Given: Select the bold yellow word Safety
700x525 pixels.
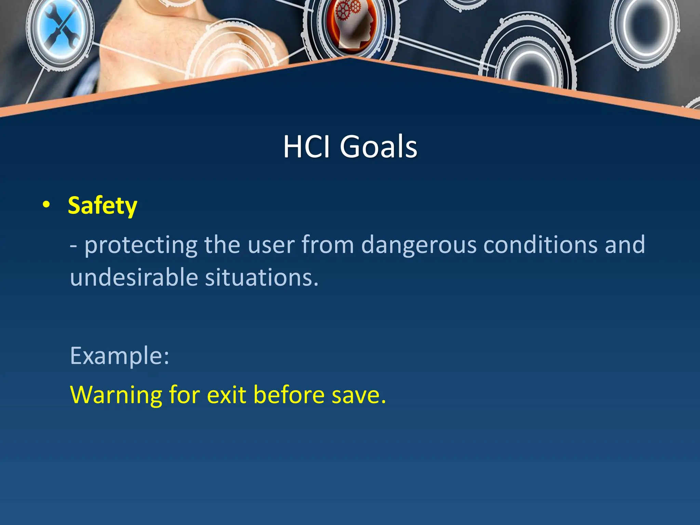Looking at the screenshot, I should [103, 206].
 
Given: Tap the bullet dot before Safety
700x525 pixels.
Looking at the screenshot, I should [46, 205].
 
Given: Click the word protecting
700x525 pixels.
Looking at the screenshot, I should [141, 245].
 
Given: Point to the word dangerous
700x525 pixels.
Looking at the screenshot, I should [419, 245].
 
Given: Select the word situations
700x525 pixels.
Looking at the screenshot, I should [261, 277].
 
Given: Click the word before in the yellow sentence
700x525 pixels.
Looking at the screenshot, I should [289, 395].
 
